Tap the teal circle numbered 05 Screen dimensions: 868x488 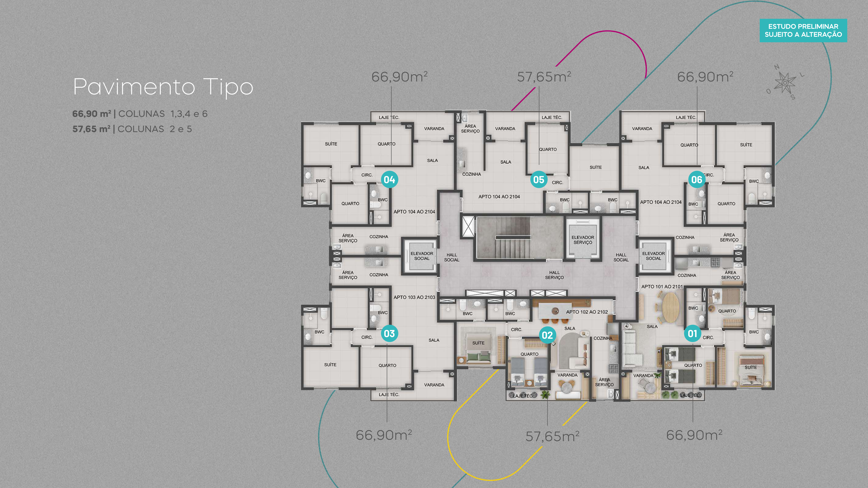tap(538, 180)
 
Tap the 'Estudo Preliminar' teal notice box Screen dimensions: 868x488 tap(803, 30)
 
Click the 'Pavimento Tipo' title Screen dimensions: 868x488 tap(163, 87)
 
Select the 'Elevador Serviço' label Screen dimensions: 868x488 tap(583, 240)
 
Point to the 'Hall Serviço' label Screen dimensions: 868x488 tap(554, 275)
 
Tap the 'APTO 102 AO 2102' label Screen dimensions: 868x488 tap(587, 312)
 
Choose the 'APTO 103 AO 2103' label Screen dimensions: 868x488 tap(414, 297)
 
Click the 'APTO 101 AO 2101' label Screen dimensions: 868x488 tap(662, 287)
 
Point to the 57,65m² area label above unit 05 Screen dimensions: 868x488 tap(544, 77)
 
